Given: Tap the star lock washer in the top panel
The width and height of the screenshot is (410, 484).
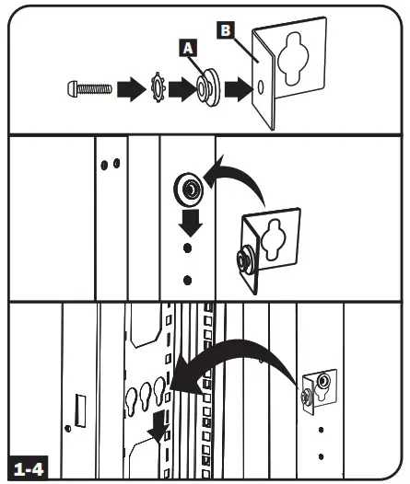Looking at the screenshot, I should coord(159,90).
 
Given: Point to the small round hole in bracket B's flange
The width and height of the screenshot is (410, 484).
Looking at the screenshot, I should coord(264,90).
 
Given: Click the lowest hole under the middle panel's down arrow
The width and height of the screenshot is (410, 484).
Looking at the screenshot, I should coord(187,281).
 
